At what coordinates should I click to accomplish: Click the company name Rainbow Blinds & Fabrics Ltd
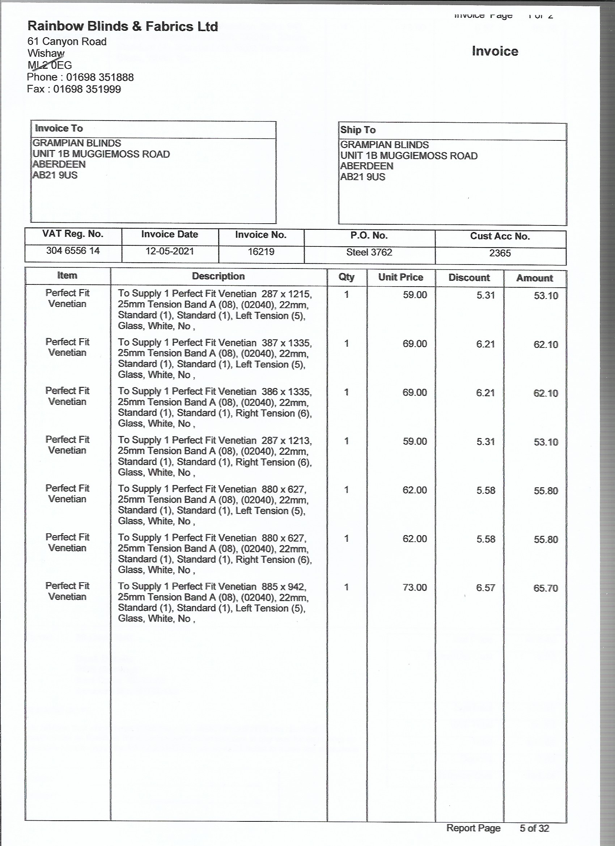pos(123,26)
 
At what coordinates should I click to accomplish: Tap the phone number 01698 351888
pos(100,77)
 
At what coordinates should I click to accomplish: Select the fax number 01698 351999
pos(87,89)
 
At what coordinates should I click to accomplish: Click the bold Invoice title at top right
pos(495,51)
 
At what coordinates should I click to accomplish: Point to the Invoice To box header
pos(59,128)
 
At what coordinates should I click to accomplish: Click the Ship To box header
pos(358,130)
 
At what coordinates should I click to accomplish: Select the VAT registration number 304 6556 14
pos(73,251)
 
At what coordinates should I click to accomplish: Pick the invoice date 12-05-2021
pos(170,251)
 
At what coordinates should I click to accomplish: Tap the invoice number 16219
pos(261,252)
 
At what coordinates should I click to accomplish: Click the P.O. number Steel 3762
pos(369,253)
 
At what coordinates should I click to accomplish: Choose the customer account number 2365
pos(500,253)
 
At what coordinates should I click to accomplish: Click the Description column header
pos(218,276)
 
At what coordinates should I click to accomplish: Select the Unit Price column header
pos(400,277)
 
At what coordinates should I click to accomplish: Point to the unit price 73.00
pos(414,588)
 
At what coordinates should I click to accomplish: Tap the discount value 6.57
pos(485,588)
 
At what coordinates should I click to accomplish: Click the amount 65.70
pos(546,588)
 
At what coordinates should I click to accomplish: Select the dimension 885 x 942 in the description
pos(284,587)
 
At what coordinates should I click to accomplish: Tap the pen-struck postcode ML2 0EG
pos(50,65)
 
